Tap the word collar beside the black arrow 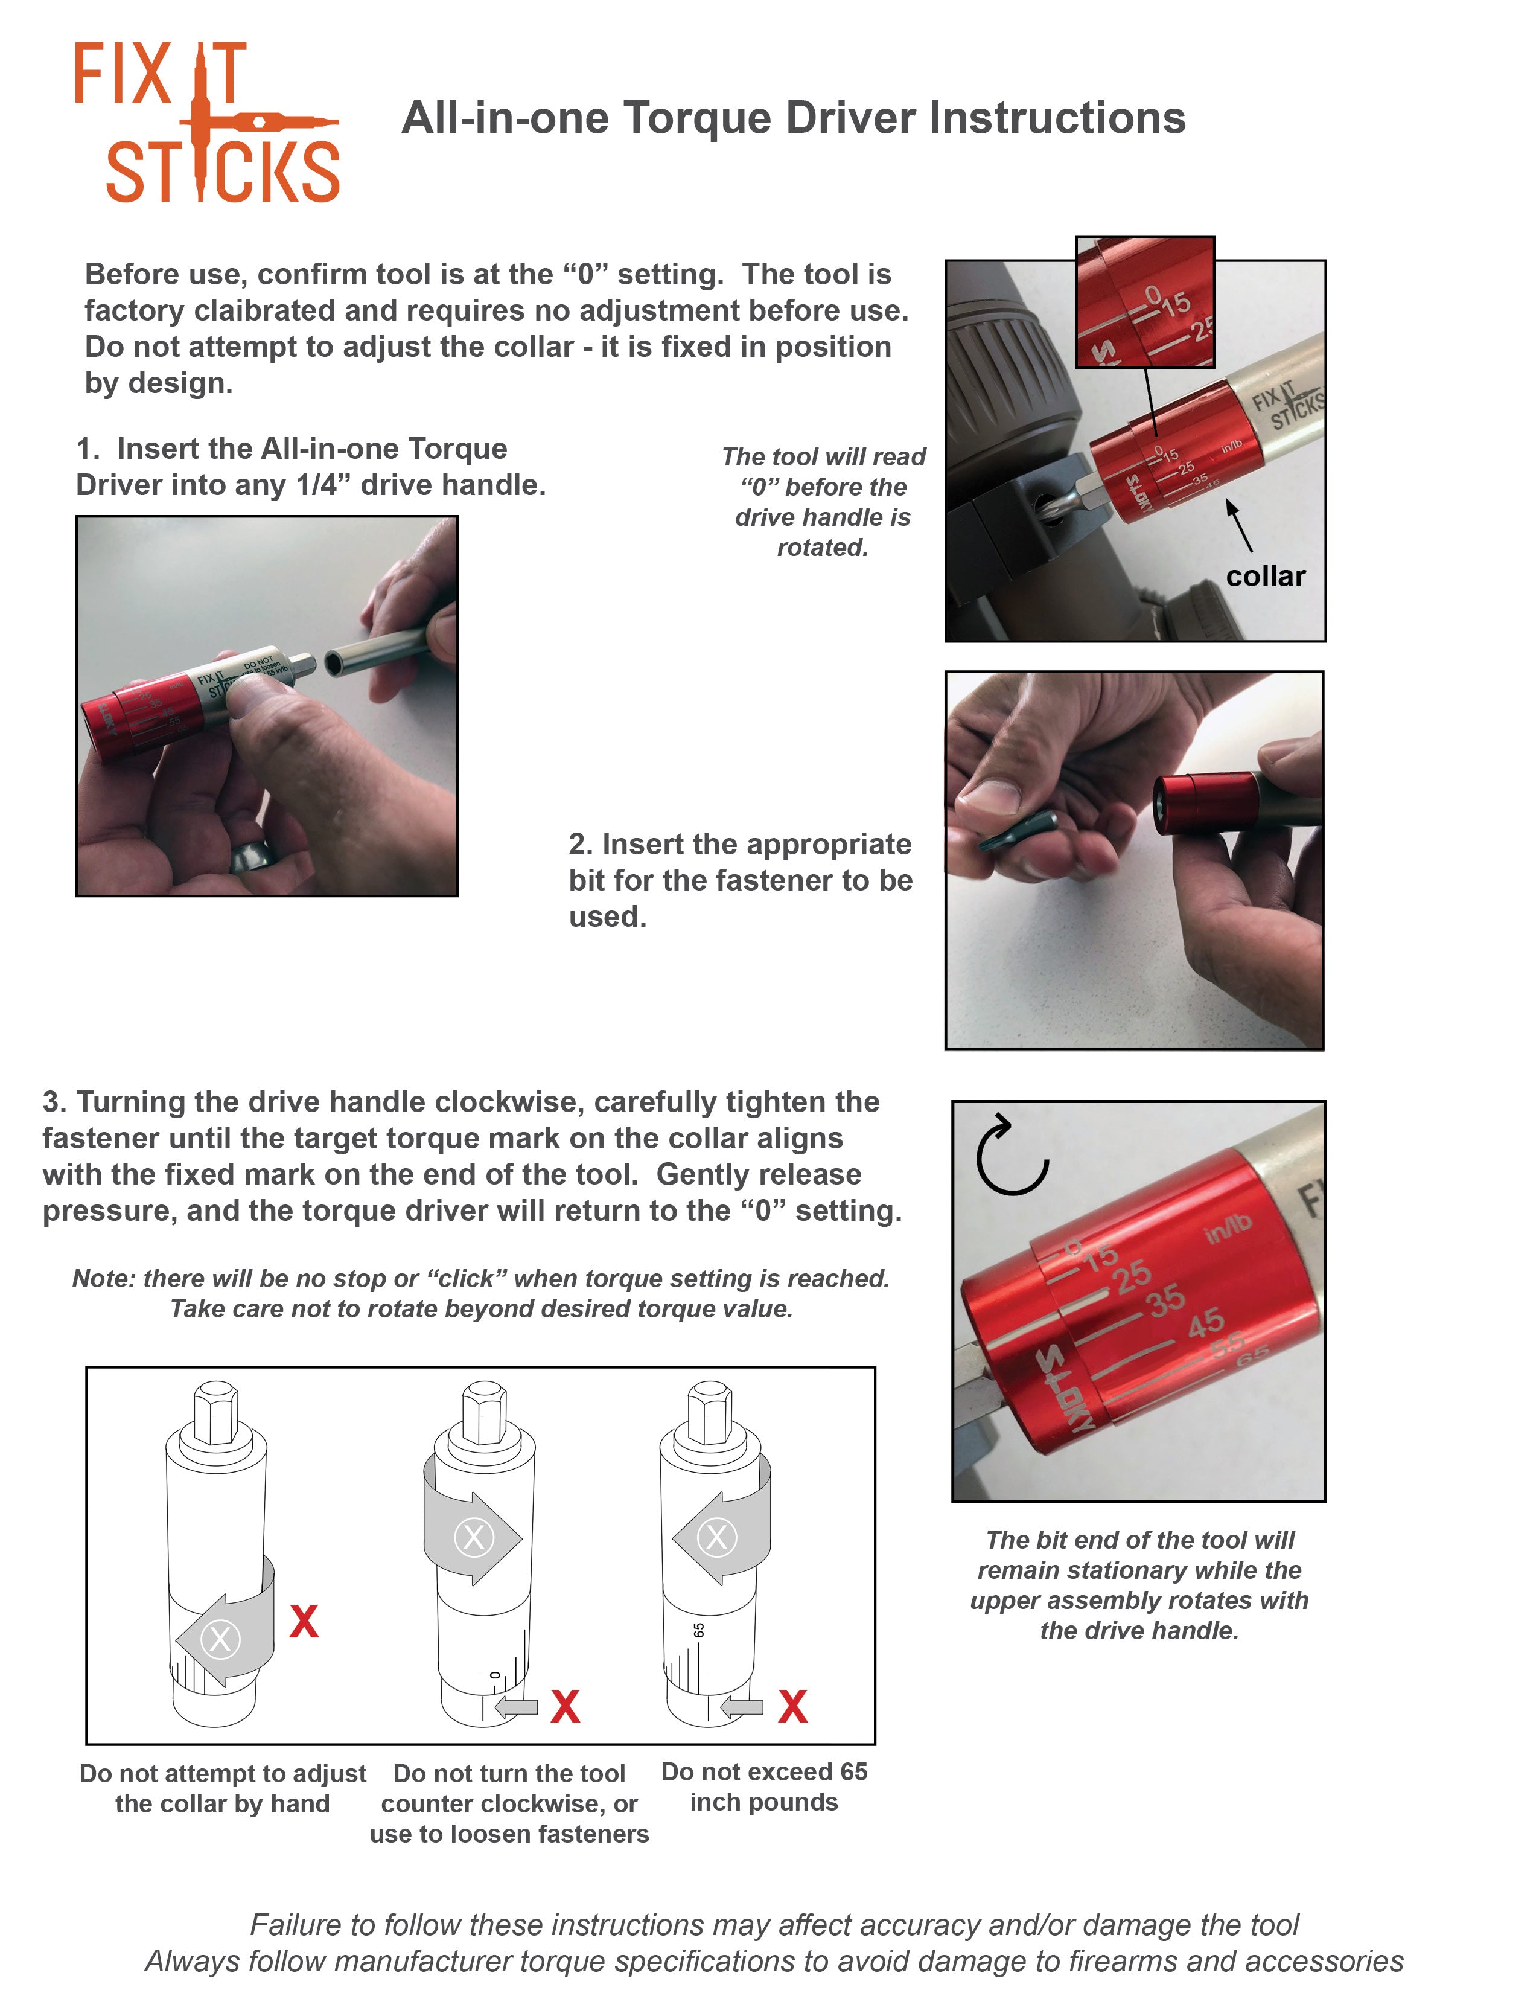click(1266, 577)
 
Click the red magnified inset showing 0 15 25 click(1145, 302)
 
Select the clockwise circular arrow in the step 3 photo click(1011, 1154)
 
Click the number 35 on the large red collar click(1166, 1299)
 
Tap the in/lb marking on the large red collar click(1228, 1229)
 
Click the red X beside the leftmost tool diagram click(304, 1622)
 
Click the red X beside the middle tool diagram click(565, 1706)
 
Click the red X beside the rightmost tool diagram click(792, 1706)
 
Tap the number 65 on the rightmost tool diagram click(699, 1630)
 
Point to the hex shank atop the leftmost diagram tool click(216, 1413)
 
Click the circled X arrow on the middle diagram click(473, 1538)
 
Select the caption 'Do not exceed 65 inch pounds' click(763, 1786)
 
